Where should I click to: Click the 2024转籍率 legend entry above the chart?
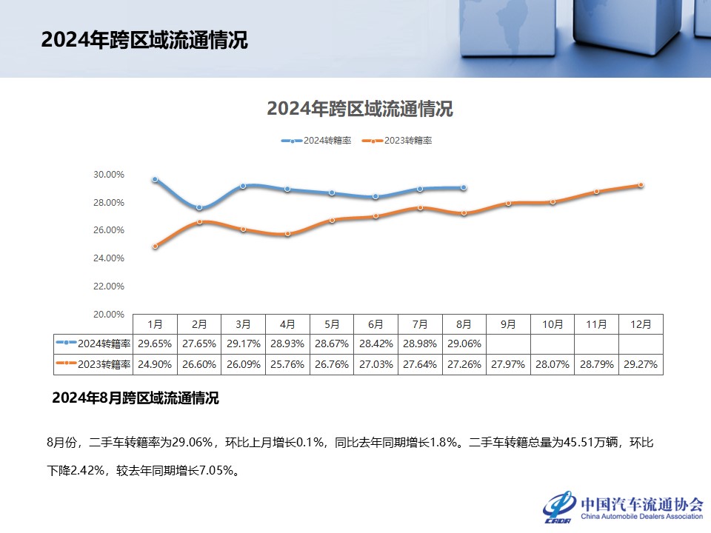click(316, 141)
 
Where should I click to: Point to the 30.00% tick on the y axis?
click(109, 175)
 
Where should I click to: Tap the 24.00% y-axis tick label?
click(109, 258)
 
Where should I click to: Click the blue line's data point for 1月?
click(155, 179)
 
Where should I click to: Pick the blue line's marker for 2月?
click(199, 207)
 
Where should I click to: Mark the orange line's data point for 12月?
click(641, 185)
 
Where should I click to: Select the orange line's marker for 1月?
click(155, 246)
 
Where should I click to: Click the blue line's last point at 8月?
click(464, 187)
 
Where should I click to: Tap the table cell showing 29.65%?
click(155, 344)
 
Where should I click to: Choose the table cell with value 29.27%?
click(641, 364)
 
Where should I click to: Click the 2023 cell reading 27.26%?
click(464, 364)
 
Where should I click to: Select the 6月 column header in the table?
click(375, 324)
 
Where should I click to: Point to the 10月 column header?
click(553, 324)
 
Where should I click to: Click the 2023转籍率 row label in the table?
click(94, 364)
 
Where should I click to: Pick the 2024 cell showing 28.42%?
click(375, 344)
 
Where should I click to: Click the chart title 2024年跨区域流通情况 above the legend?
click(359, 110)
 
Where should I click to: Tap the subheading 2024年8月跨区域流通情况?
click(136, 398)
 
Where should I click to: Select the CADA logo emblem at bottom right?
click(560, 506)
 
